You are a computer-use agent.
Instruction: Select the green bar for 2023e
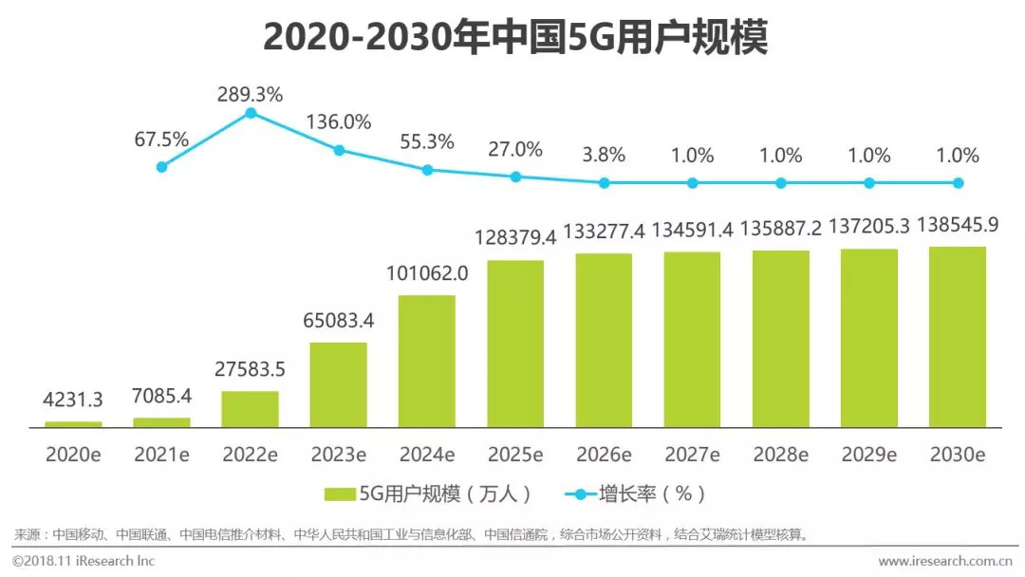coord(338,384)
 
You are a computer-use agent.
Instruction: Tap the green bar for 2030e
coord(957,337)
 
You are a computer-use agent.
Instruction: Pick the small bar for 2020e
coord(73,424)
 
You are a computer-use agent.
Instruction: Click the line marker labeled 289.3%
coord(251,113)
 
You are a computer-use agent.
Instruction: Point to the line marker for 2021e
coord(161,166)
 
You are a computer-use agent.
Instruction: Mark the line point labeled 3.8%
coord(604,182)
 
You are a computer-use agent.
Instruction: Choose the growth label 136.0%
coord(338,122)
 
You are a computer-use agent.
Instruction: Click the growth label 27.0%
coord(515,149)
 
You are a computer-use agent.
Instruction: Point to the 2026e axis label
coord(604,455)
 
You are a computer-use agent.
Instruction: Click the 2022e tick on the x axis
coord(251,455)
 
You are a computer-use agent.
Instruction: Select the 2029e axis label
coord(868,455)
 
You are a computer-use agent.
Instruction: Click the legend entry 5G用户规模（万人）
coord(427,493)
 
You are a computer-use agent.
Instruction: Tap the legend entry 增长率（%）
coord(636,493)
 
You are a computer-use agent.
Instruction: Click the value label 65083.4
coord(338,321)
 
